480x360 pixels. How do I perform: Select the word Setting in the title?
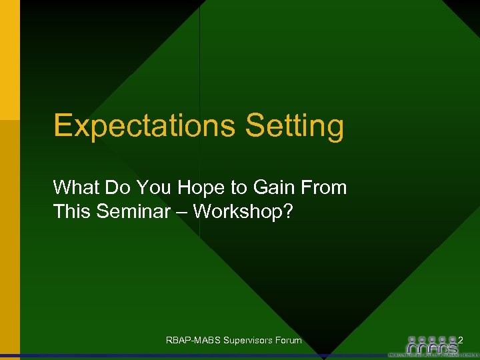295,126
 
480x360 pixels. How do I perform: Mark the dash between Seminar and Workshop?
182,213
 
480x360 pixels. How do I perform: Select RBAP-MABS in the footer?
193,341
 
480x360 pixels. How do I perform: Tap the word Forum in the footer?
288,341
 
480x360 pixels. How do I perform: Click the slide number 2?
461,340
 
